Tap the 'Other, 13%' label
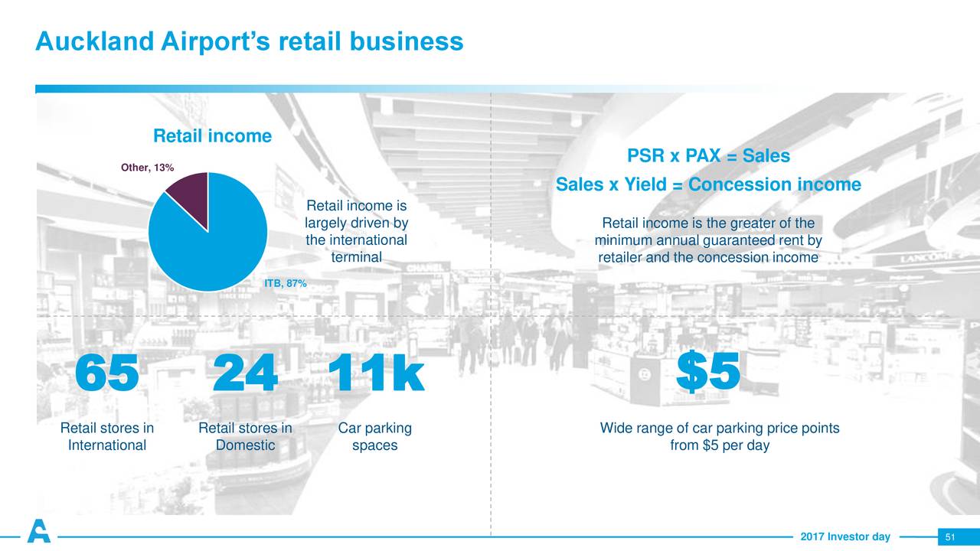pos(148,168)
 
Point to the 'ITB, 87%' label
pos(286,283)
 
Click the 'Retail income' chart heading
pos(212,136)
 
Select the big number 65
pos(106,373)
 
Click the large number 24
pos(245,373)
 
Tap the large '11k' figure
pos(375,373)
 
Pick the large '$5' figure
pos(708,372)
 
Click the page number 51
pos(950,537)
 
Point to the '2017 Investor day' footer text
pos(845,536)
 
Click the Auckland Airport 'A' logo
pos(39,531)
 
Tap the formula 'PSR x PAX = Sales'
pos(708,155)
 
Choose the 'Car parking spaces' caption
pos(375,436)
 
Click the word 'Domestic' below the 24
pos(246,445)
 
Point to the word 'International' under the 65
pos(107,445)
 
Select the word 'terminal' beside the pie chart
pos(357,257)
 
